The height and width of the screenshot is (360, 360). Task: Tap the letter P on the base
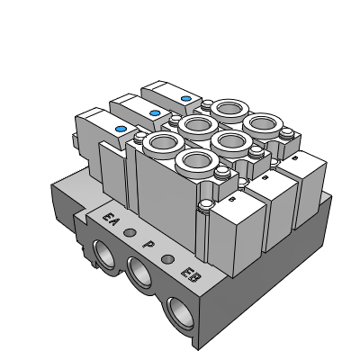148,245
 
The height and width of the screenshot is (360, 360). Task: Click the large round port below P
139,273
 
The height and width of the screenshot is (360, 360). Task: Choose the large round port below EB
181,313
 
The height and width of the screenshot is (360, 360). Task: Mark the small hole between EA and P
130,232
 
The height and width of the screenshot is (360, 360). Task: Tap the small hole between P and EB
167,258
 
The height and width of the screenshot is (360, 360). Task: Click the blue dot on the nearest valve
121,130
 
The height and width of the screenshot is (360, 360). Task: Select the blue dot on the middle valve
155,113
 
